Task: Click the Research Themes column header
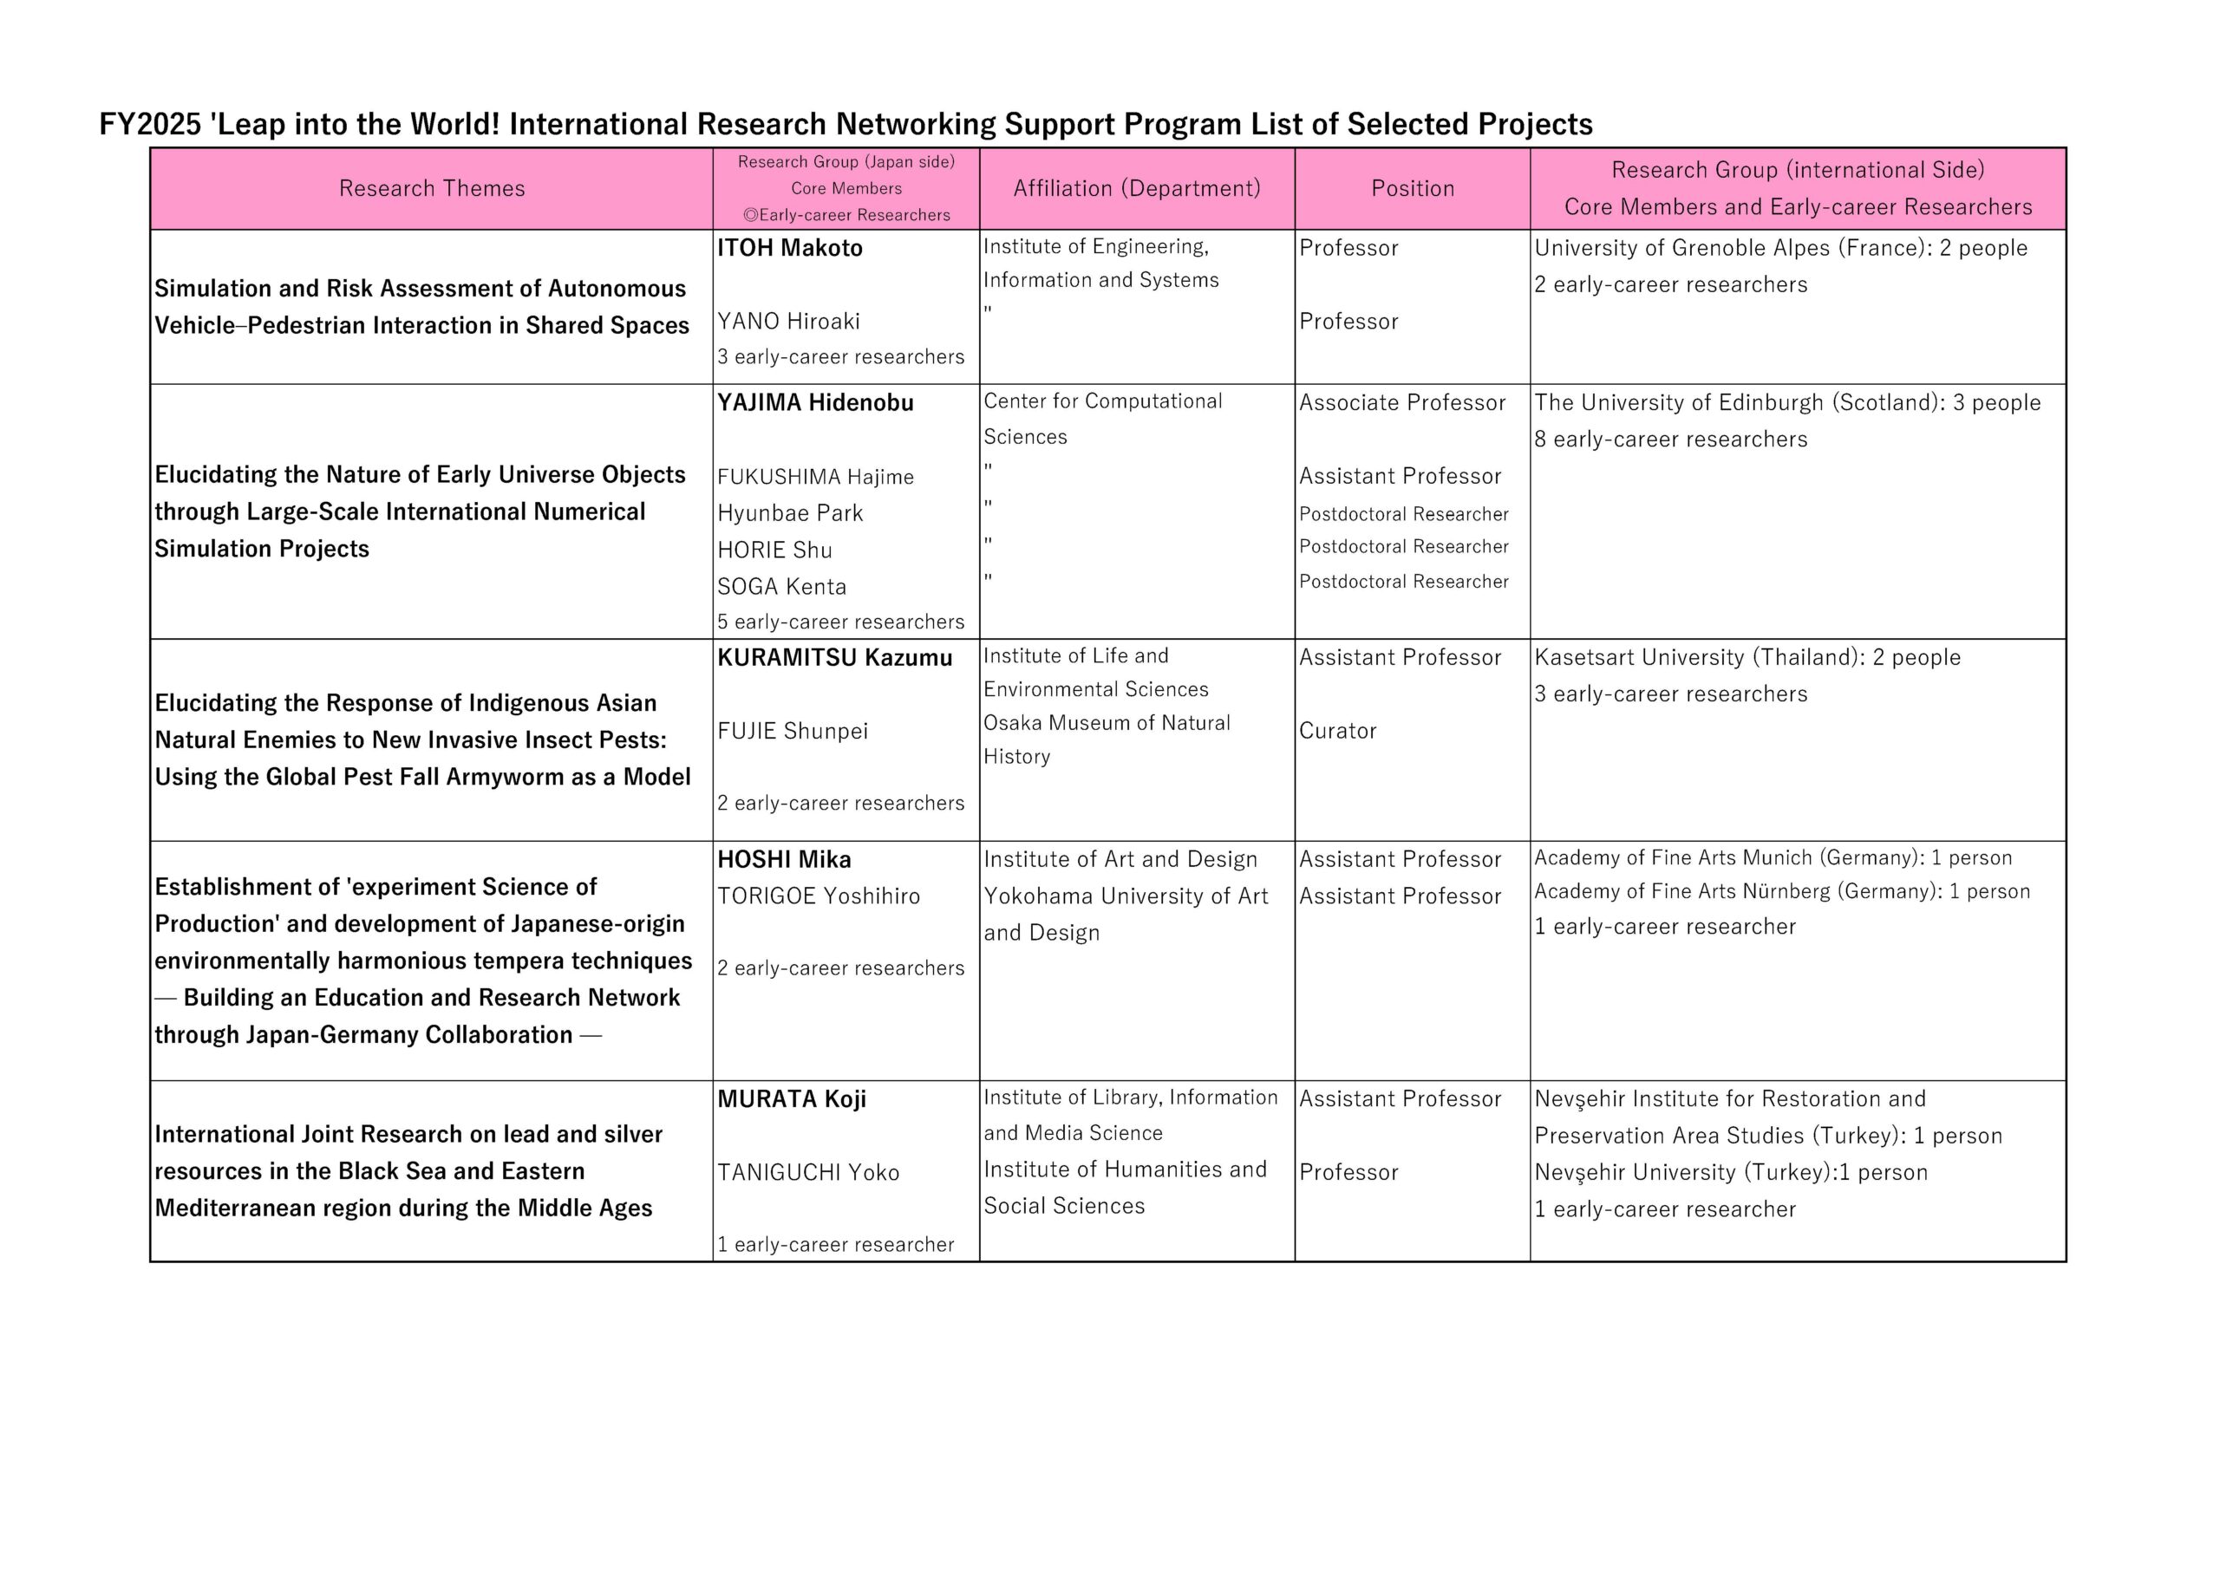pos(431,188)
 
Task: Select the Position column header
pos(1412,188)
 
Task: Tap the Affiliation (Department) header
pos(1136,188)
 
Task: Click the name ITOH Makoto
pos(789,249)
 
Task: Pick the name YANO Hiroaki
pos(788,321)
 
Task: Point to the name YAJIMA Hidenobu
pos(814,403)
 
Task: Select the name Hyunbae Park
pos(789,513)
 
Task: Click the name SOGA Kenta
pos(781,587)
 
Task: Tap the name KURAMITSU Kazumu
pos(833,658)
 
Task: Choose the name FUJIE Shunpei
pos(792,731)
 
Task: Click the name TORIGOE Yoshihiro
pos(818,896)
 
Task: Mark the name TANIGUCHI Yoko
pos(807,1173)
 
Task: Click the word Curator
pos(1337,731)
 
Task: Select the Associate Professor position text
pos(1401,403)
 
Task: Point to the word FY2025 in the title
pos(150,125)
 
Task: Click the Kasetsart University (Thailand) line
pos(1747,657)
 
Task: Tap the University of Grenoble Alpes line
pos(1780,249)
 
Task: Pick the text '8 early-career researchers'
pos(1670,440)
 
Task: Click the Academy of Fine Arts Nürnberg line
pos(1781,891)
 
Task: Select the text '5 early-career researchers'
pos(840,622)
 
